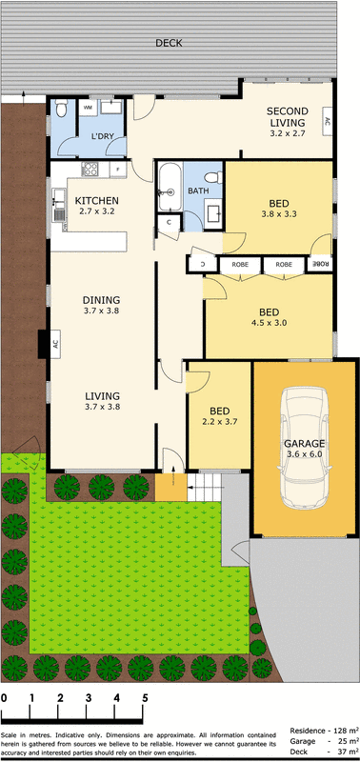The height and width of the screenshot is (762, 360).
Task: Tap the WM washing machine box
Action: point(89,108)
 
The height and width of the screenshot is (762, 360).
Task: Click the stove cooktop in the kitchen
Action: point(90,170)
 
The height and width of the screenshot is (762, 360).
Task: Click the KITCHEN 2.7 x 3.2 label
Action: point(96,206)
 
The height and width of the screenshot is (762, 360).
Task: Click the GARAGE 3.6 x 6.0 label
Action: point(305,449)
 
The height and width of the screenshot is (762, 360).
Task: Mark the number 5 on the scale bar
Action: point(145,697)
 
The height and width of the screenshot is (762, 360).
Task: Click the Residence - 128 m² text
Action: point(325,729)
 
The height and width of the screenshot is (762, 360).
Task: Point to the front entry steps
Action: point(204,491)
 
